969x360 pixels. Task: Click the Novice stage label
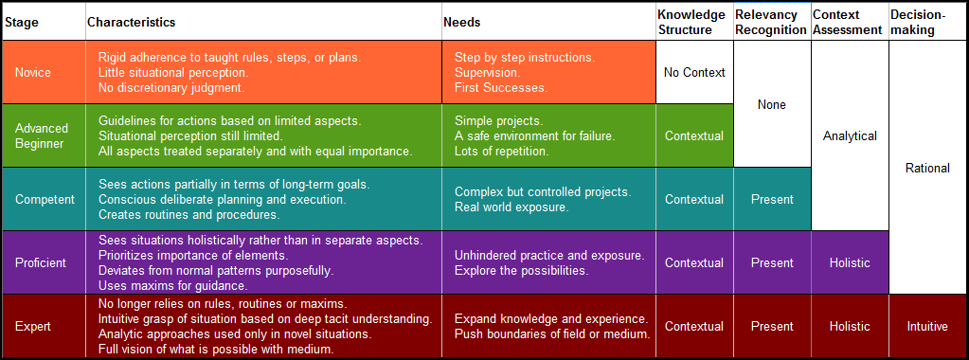tap(33, 72)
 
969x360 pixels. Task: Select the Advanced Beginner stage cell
tap(44, 135)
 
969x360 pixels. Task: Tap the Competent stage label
tap(45, 199)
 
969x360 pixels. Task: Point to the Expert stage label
tap(33, 326)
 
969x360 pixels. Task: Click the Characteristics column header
tap(131, 23)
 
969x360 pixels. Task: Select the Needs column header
tap(461, 23)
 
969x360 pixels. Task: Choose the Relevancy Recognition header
tap(771, 23)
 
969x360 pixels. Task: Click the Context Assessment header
tap(847, 23)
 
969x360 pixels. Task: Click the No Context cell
tap(694, 72)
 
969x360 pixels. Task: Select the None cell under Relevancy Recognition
tap(772, 104)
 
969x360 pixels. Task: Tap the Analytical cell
tap(850, 136)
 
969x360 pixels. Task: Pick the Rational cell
tap(927, 168)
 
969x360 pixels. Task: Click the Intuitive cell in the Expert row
tap(927, 326)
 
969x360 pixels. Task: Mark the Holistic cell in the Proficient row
tap(850, 262)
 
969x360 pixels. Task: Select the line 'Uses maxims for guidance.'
tap(173, 285)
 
